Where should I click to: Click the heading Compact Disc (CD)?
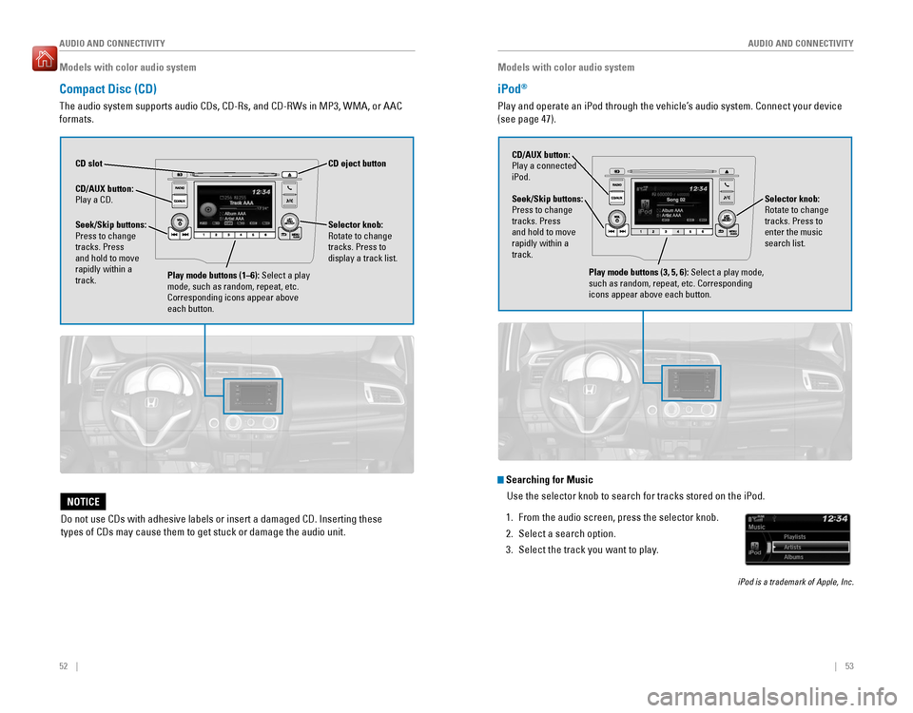point(108,88)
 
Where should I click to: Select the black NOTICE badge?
point(83,502)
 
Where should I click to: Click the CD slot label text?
point(88,164)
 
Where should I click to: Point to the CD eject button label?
point(357,164)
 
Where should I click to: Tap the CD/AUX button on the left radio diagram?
point(179,201)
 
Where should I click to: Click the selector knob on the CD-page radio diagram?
point(285,221)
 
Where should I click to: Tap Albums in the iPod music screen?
point(794,557)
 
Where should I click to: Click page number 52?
point(65,665)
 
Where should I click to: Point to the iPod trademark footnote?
point(795,582)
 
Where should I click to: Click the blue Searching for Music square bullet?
point(501,479)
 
